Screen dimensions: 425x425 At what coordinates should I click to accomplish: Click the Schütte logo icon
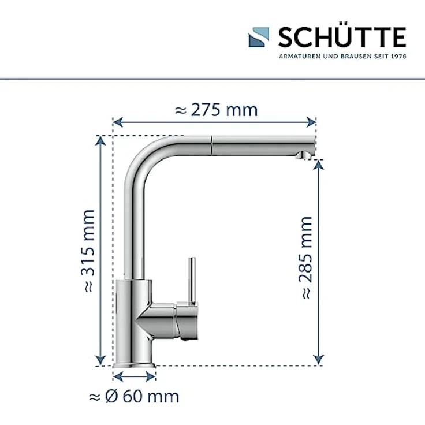pos(259,39)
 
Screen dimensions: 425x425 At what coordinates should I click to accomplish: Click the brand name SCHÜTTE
pos(342,38)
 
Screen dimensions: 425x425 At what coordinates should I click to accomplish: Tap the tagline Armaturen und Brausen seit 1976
pos(342,56)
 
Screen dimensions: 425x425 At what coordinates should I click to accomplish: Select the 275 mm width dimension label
pos(216,110)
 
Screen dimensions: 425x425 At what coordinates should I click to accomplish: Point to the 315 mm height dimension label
pos(88,251)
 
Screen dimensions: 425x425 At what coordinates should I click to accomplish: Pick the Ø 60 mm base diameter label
pos(134,397)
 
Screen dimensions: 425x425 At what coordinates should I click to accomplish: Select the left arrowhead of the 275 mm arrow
pos(116,122)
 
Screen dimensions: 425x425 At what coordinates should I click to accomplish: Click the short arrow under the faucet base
pos(135,376)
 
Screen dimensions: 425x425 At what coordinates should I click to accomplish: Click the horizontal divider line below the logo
pos(212,77)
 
